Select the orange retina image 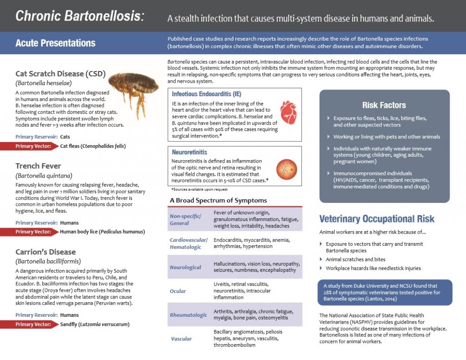click(x=287, y=169)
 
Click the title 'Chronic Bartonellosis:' click(x=80, y=16)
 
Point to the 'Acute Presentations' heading click(x=56, y=43)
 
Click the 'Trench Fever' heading click(x=38, y=166)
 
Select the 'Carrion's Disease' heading click(x=46, y=252)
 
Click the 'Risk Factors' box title click(x=384, y=105)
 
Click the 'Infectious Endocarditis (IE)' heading click(x=207, y=94)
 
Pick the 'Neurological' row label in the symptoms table click(x=185, y=267)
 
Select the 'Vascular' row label click(x=181, y=339)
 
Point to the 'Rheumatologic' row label click(x=188, y=315)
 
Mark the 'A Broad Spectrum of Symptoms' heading click(x=218, y=200)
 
